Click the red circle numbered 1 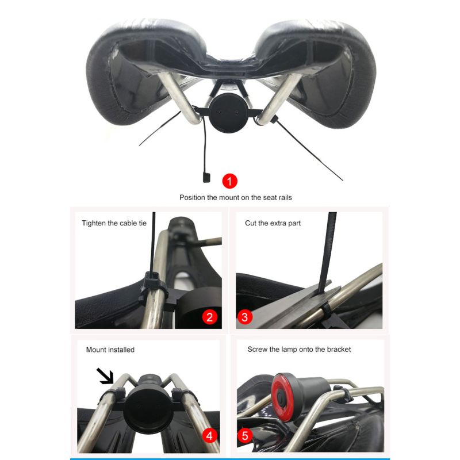click(x=230, y=182)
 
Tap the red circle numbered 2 click(x=209, y=316)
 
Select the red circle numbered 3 click(x=245, y=316)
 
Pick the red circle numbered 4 click(x=209, y=435)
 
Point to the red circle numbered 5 click(x=245, y=435)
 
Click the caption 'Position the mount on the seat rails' click(x=236, y=197)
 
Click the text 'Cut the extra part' click(x=273, y=223)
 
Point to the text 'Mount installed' click(x=110, y=349)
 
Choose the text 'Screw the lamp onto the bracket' click(x=299, y=349)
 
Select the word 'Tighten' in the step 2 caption click(x=94, y=223)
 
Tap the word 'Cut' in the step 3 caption click(x=251, y=223)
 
